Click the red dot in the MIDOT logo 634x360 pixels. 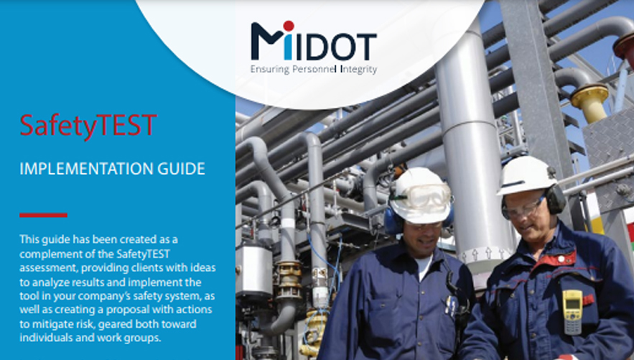click(x=289, y=26)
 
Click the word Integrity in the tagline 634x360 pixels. click(x=359, y=69)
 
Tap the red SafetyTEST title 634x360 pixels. click(x=88, y=126)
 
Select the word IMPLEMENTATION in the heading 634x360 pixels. click(x=86, y=169)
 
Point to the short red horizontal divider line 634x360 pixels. click(x=43, y=215)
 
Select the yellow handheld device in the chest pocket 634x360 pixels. click(x=572, y=311)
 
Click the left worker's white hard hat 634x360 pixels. click(x=421, y=195)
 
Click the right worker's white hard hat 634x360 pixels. click(x=525, y=175)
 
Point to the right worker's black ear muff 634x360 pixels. click(x=554, y=199)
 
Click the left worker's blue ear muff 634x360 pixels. click(x=392, y=221)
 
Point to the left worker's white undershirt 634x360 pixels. click(x=422, y=267)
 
